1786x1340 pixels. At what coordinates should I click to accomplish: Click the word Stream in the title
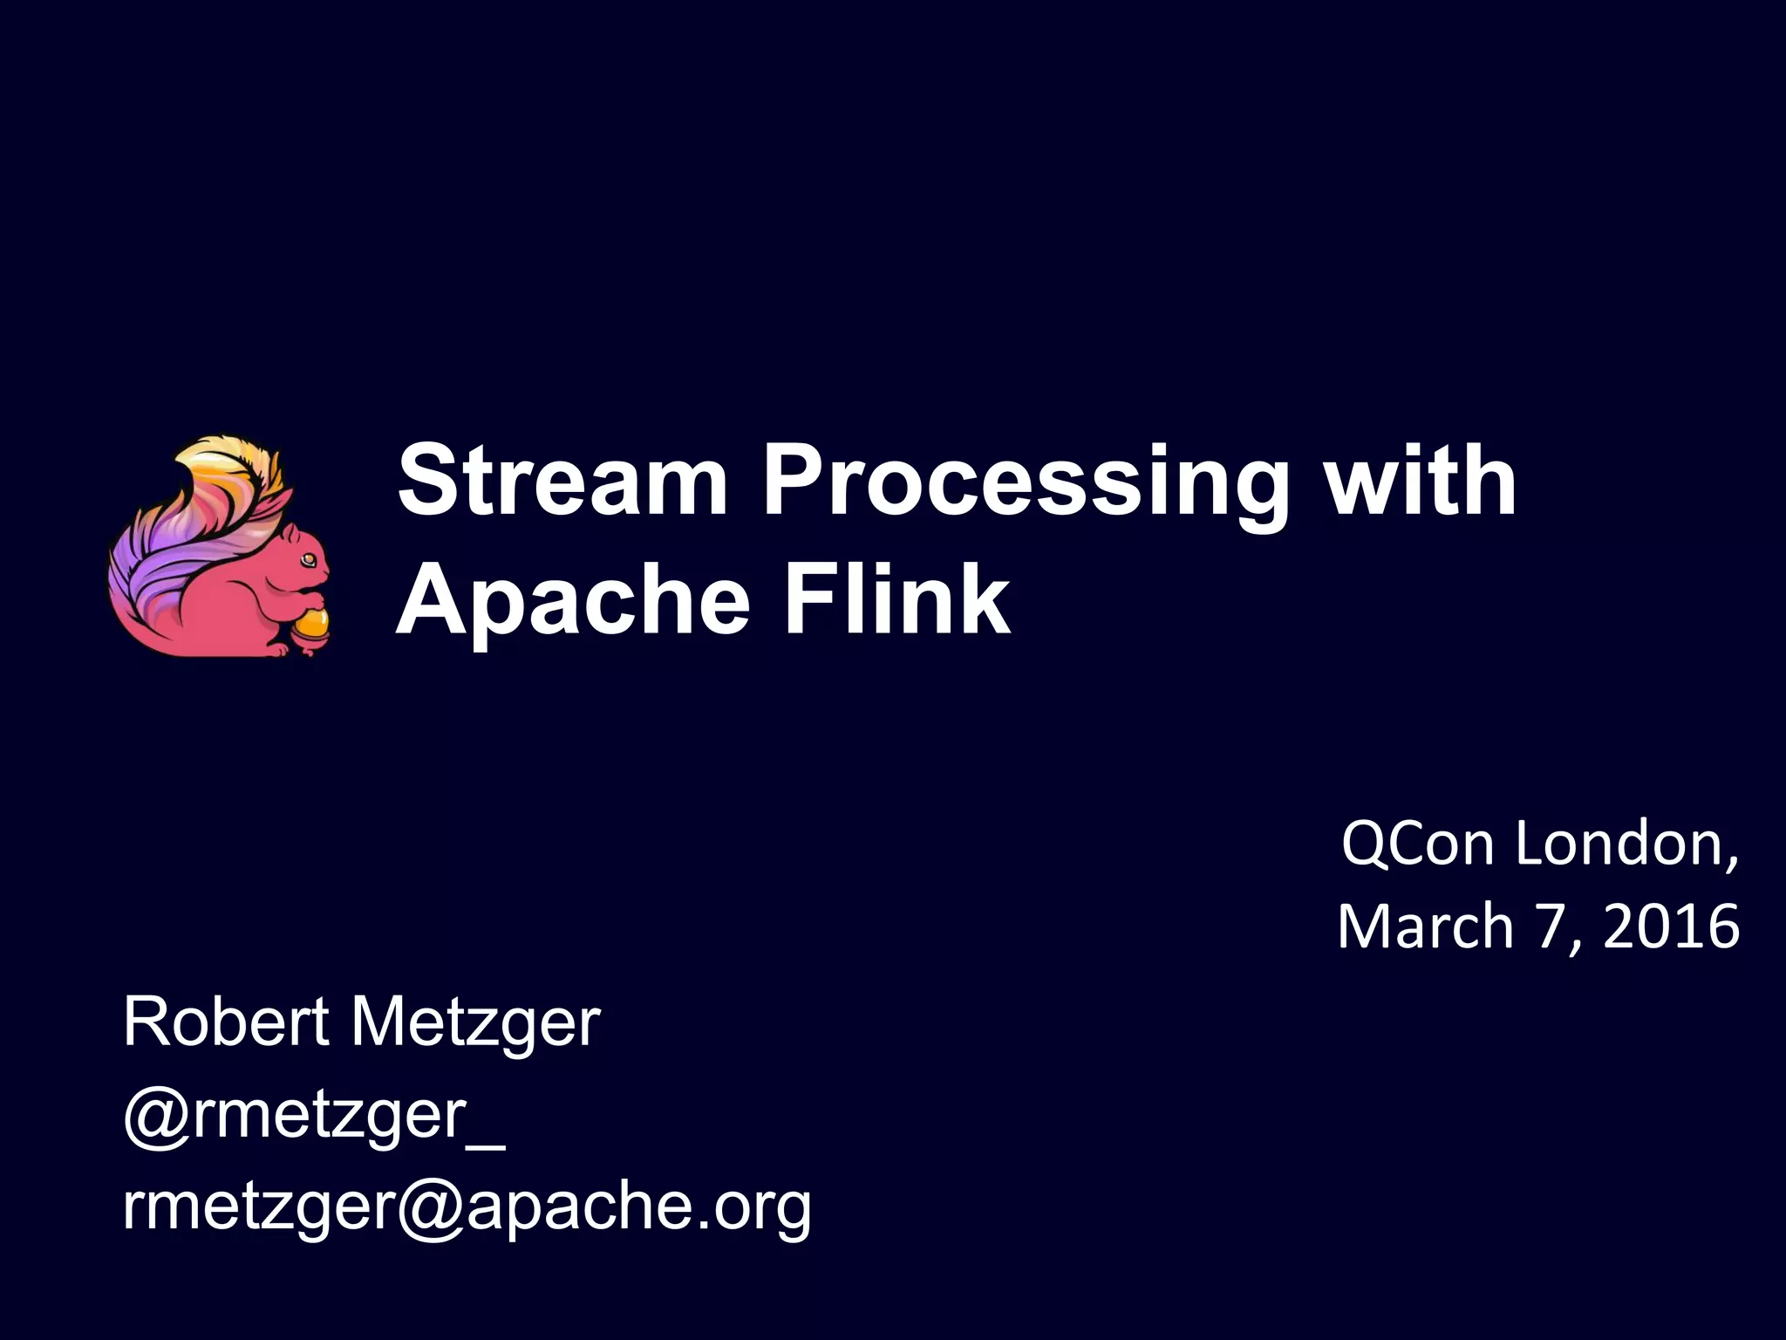(562, 482)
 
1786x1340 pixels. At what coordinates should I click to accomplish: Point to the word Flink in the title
(897, 599)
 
